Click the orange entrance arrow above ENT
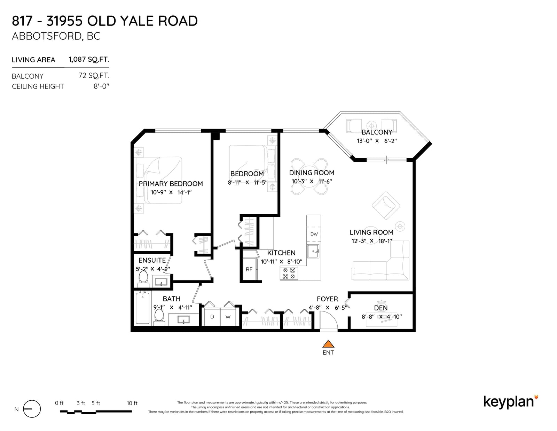pos(328,344)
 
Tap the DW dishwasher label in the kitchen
pos(314,234)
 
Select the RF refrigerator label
pos(249,269)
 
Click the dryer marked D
pos(212,317)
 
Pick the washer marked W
pos(228,317)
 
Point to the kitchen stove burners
pos(289,273)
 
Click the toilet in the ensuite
pos(143,279)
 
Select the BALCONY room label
pos(377,132)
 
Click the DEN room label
pos(381,308)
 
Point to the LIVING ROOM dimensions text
pos(371,241)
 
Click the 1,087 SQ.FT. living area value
pos(89,60)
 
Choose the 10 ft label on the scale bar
pos(132,403)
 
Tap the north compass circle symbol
pos(32,409)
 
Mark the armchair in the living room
pos(386,206)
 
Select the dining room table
pos(309,177)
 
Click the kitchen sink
pos(313,251)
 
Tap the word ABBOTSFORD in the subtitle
pos(47,36)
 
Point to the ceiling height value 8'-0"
pos(101,86)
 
